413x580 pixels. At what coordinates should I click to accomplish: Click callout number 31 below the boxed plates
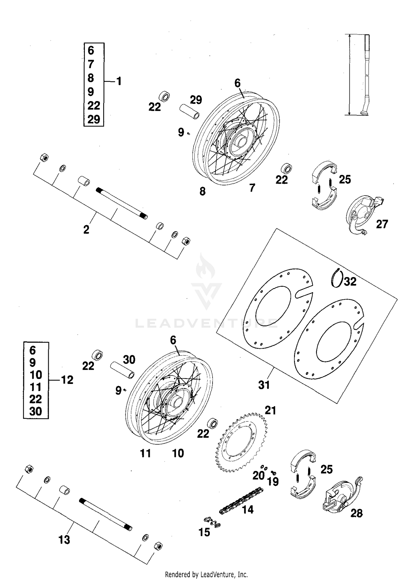tap(264, 385)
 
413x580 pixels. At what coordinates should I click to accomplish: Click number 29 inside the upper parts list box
tap(94, 120)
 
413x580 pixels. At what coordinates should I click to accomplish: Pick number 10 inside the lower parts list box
tap(36, 375)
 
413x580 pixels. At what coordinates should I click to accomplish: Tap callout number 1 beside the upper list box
tap(119, 81)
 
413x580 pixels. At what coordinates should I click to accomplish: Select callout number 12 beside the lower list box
tap(67, 380)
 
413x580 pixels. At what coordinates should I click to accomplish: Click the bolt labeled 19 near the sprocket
tap(274, 473)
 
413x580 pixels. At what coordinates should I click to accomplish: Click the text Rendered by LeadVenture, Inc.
tap(206, 574)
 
